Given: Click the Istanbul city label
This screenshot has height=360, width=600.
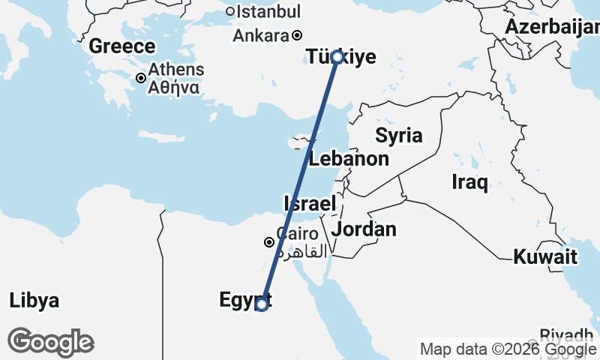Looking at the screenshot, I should (x=268, y=12).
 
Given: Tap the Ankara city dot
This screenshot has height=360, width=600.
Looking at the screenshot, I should (x=297, y=35).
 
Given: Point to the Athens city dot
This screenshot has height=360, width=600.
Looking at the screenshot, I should (x=140, y=78).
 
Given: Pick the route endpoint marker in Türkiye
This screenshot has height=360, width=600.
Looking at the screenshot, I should (x=337, y=57).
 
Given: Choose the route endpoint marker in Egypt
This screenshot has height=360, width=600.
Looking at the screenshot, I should (x=261, y=304).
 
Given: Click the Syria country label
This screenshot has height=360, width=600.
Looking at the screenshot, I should (x=399, y=136).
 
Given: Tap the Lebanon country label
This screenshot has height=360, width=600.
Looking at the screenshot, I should (x=349, y=159).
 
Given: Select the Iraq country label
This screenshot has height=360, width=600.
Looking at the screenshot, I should (x=470, y=181).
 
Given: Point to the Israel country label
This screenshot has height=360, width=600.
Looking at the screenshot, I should (x=309, y=203).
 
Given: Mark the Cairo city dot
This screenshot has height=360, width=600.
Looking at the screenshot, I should (x=269, y=242).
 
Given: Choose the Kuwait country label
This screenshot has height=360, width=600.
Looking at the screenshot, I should (x=545, y=257).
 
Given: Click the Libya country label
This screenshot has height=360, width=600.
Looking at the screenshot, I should (x=34, y=301).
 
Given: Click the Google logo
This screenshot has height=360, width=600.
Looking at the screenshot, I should (x=51, y=342).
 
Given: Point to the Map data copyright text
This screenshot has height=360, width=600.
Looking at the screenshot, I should (x=508, y=349).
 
